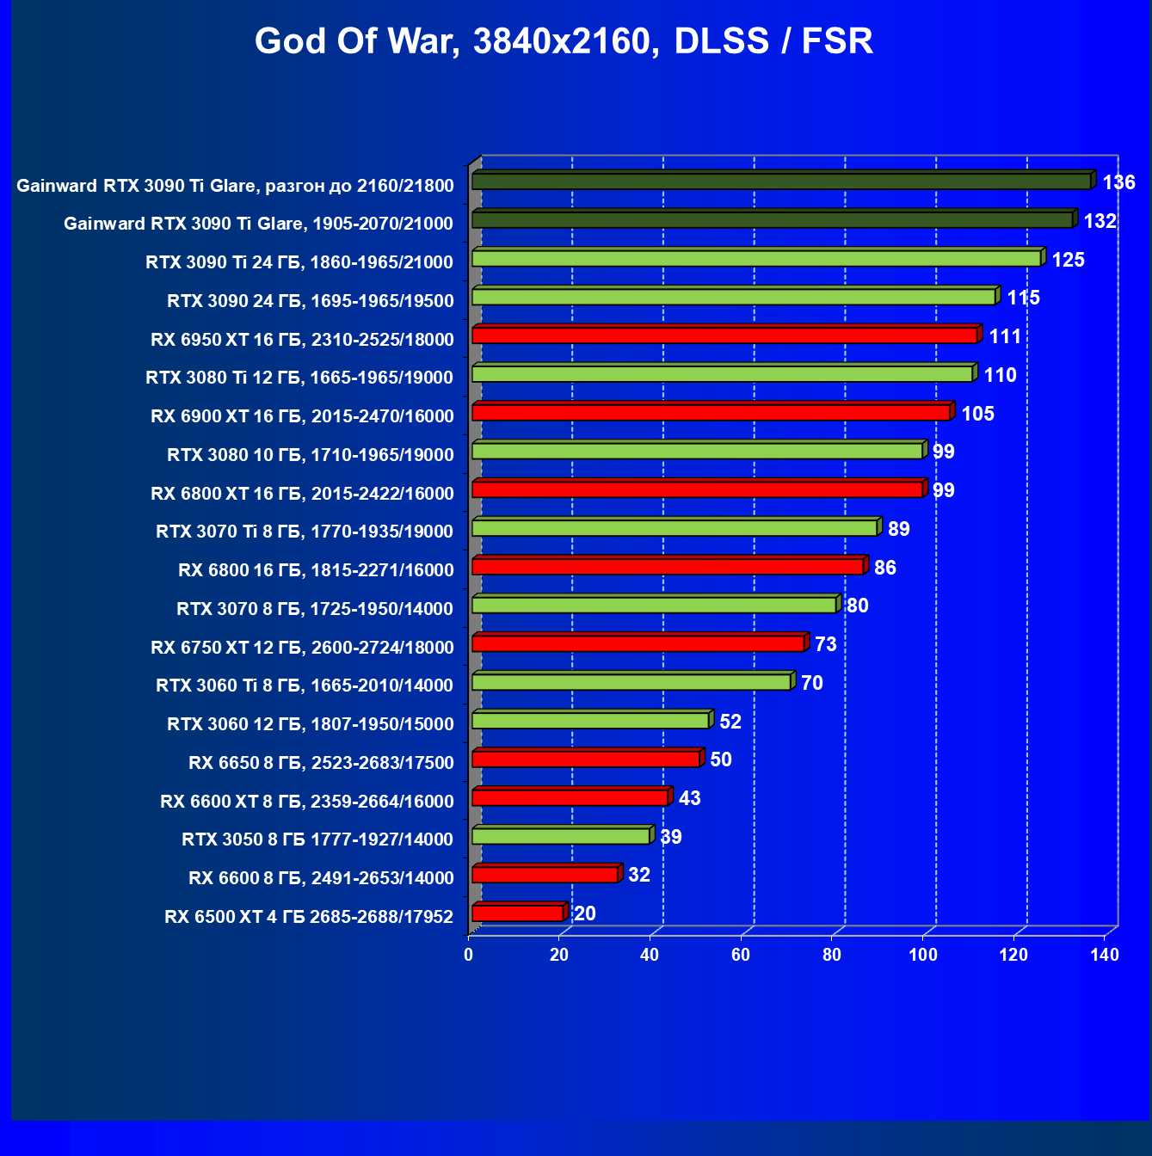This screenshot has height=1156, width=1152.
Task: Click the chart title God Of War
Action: click(x=564, y=40)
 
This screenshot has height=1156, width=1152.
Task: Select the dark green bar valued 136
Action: click(x=781, y=181)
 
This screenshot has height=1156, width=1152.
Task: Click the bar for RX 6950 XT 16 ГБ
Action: click(x=724, y=335)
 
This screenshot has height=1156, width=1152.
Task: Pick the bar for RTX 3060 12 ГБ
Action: click(x=590, y=721)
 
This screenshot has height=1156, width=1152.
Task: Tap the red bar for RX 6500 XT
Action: click(x=517, y=913)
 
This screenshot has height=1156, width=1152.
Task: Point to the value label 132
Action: click(x=1100, y=221)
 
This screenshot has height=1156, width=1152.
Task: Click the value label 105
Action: click(x=977, y=414)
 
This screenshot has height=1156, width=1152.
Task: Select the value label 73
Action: click(x=825, y=644)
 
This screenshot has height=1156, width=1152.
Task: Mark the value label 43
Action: click(x=689, y=798)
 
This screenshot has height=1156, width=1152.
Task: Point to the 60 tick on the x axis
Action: click(x=741, y=955)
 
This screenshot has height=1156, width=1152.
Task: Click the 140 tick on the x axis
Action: click(x=1105, y=955)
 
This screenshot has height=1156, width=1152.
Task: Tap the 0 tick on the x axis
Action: click(x=468, y=955)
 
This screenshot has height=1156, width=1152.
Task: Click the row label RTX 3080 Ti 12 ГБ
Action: click(x=299, y=378)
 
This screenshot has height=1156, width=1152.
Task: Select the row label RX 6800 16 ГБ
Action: click(x=316, y=570)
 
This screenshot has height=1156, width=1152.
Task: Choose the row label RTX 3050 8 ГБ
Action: click(x=317, y=839)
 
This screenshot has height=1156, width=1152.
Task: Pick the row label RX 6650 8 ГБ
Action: click(x=321, y=763)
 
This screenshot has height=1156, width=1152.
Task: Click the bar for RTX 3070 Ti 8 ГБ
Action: click(x=675, y=528)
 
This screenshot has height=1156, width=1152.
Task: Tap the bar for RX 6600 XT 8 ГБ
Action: click(x=570, y=797)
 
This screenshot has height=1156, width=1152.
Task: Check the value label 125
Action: click(x=1068, y=260)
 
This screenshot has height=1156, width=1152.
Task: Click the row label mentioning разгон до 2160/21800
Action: click(x=235, y=186)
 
